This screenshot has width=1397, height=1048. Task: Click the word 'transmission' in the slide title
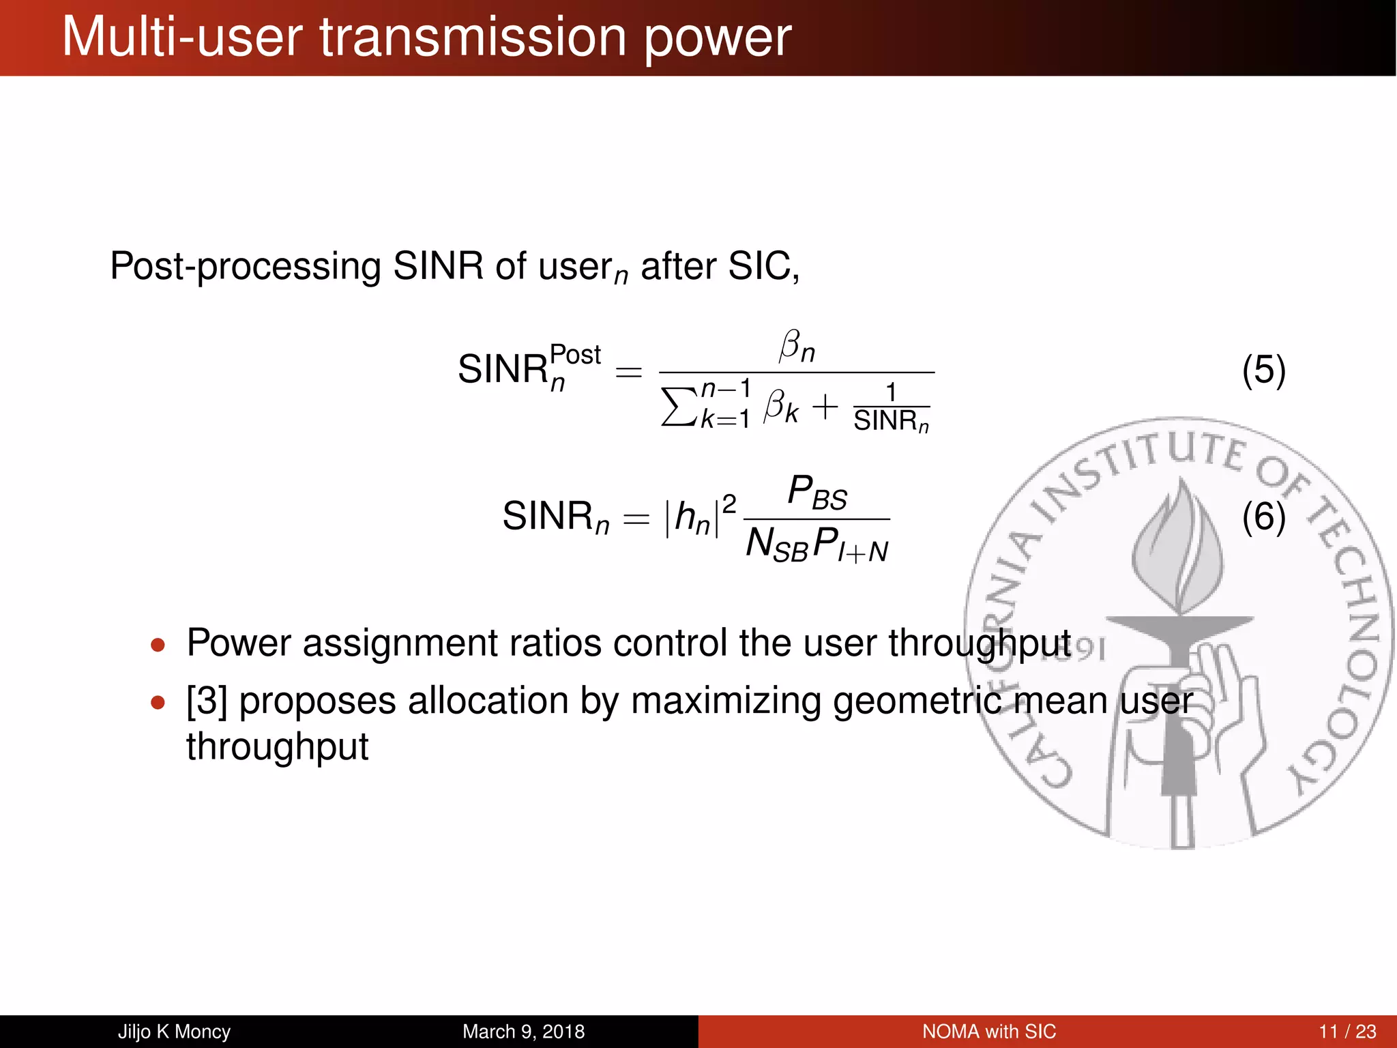pos(473,38)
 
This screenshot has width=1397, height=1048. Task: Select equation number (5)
pos(1263,370)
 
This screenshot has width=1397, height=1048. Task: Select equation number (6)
pos(1263,516)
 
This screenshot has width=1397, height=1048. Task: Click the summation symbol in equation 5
pos(679,407)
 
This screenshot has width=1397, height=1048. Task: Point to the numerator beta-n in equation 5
pos(797,347)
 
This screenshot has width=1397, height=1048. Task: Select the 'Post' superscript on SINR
pos(574,355)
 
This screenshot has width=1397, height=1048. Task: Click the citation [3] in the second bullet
pos(207,701)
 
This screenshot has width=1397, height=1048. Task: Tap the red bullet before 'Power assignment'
pos(158,645)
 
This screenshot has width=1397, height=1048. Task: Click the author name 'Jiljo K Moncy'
pos(174,1032)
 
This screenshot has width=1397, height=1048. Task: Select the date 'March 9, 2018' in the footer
pos(523,1032)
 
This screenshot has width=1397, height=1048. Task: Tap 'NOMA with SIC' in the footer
pos(988,1032)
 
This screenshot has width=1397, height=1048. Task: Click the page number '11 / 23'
pos(1347,1032)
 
